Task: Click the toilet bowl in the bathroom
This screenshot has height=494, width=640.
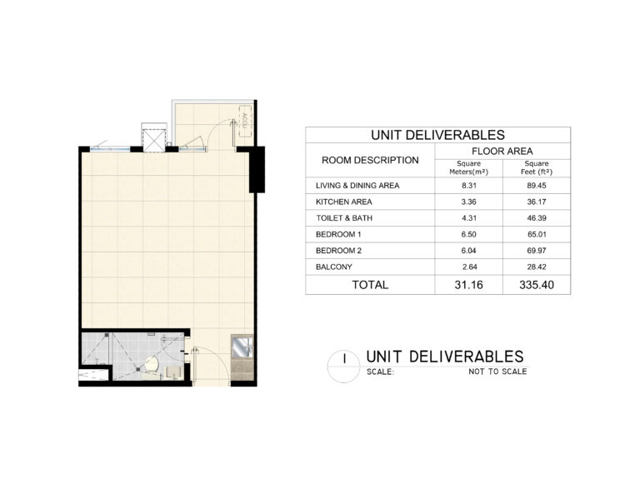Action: pyautogui.click(x=152, y=363)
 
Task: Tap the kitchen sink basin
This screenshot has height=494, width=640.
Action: pyautogui.click(x=242, y=348)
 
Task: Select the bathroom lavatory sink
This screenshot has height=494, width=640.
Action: pyautogui.click(x=173, y=372)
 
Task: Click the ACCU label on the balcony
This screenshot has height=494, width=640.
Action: pyautogui.click(x=244, y=119)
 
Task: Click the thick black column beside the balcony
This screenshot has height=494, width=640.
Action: pyautogui.click(x=257, y=169)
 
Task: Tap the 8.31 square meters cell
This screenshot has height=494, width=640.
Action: pyautogui.click(x=468, y=185)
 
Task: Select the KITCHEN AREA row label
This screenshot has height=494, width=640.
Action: pyautogui.click(x=343, y=202)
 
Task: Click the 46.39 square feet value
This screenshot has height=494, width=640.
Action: pyautogui.click(x=537, y=217)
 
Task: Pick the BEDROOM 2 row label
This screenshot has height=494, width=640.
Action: pyautogui.click(x=338, y=251)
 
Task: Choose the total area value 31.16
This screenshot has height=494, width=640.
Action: pyautogui.click(x=468, y=285)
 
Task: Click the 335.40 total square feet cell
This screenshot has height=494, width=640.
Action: pyautogui.click(x=537, y=285)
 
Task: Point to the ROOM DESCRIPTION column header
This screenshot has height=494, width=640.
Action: pyautogui.click(x=370, y=160)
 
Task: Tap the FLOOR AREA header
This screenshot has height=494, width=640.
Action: pyautogui.click(x=502, y=151)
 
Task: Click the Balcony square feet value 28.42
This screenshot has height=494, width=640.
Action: pyautogui.click(x=537, y=267)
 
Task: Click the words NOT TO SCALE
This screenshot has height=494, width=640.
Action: pyautogui.click(x=497, y=372)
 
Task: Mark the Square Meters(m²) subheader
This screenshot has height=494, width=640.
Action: pyautogui.click(x=468, y=167)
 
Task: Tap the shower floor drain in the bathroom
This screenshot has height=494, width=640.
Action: pyautogui.click(x=138, y=370)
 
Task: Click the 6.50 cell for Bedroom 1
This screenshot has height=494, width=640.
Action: pyautogui.click(x=468, y=234)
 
